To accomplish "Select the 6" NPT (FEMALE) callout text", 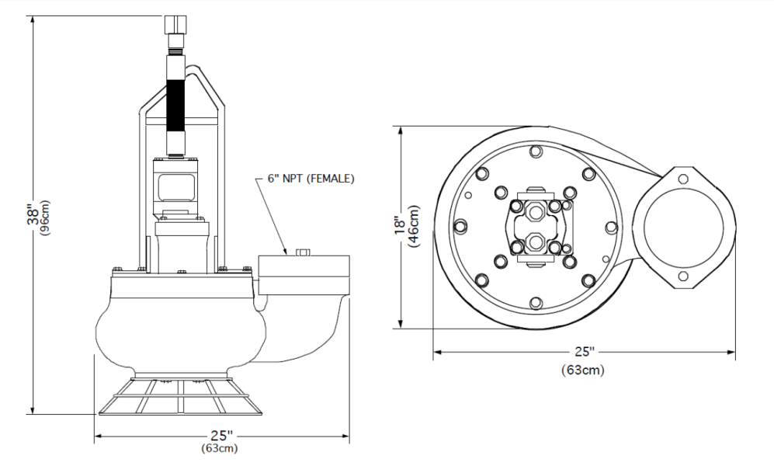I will (x=311, y=178).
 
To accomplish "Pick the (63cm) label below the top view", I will (x=582, y=370).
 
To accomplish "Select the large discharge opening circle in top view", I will (x=682, y=228).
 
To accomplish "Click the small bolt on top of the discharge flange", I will (x=303, y=252).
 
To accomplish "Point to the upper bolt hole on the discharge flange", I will (x=682, y=179).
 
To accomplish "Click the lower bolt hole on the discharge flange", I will (x=682, y=277).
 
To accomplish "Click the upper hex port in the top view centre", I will (x=536, y=210).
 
